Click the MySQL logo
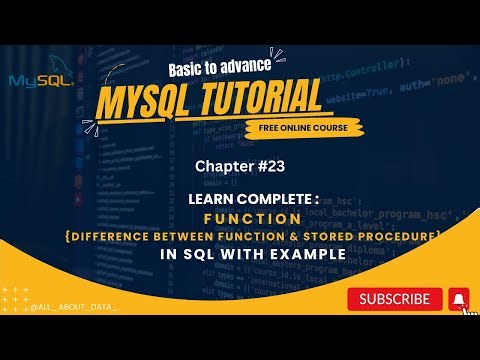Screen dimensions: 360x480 [x=39, y=81]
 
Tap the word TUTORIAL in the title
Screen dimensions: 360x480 [x=256, y=99]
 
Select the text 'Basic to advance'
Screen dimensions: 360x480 [x=207, y=66]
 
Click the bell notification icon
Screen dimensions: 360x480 [x=458, y=298]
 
